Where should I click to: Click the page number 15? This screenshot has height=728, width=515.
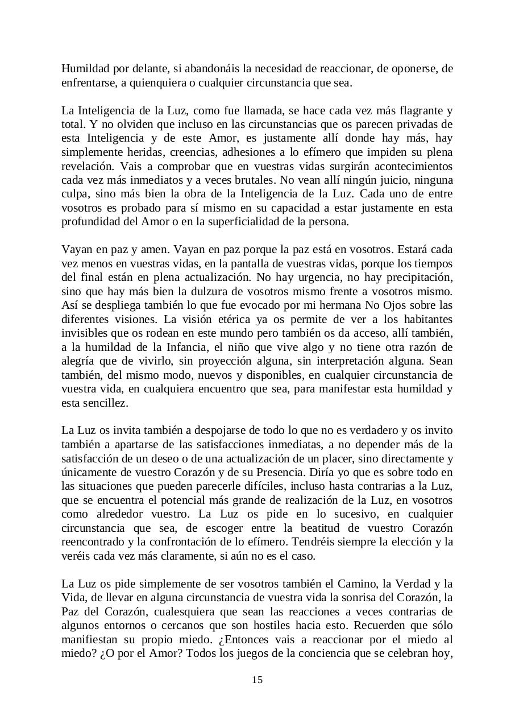(x=257, y=680)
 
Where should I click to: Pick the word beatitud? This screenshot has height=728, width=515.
(x=334, y=528)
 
